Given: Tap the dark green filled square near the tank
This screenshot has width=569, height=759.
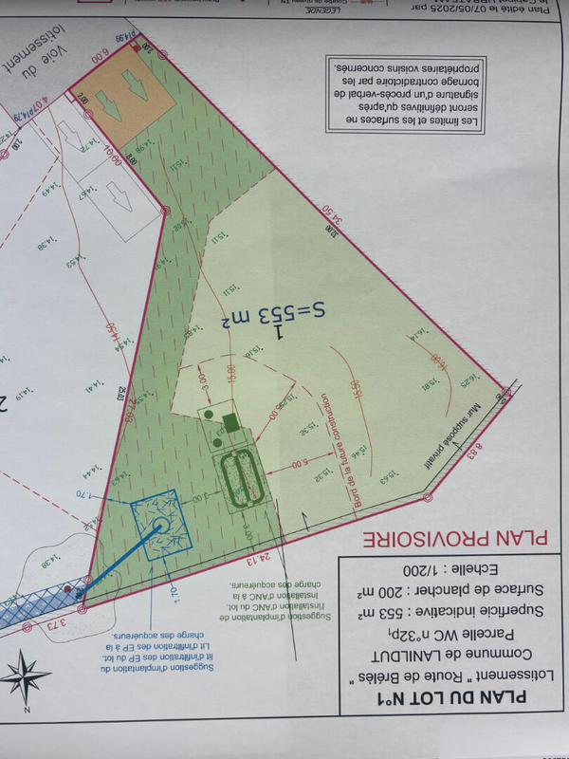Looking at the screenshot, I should [229, 421].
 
